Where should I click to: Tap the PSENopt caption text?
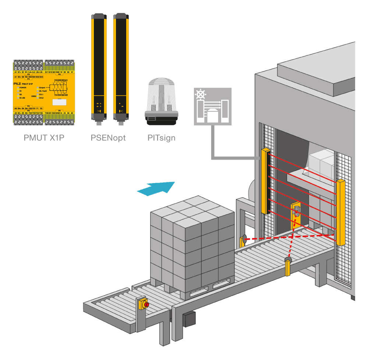(108, 138)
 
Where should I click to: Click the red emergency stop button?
(146, 304)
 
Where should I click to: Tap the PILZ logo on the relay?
(22, 84)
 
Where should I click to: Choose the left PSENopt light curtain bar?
(98, 66)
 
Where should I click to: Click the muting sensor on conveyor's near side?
(287, 267)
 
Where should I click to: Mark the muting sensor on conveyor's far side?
(243, 241)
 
